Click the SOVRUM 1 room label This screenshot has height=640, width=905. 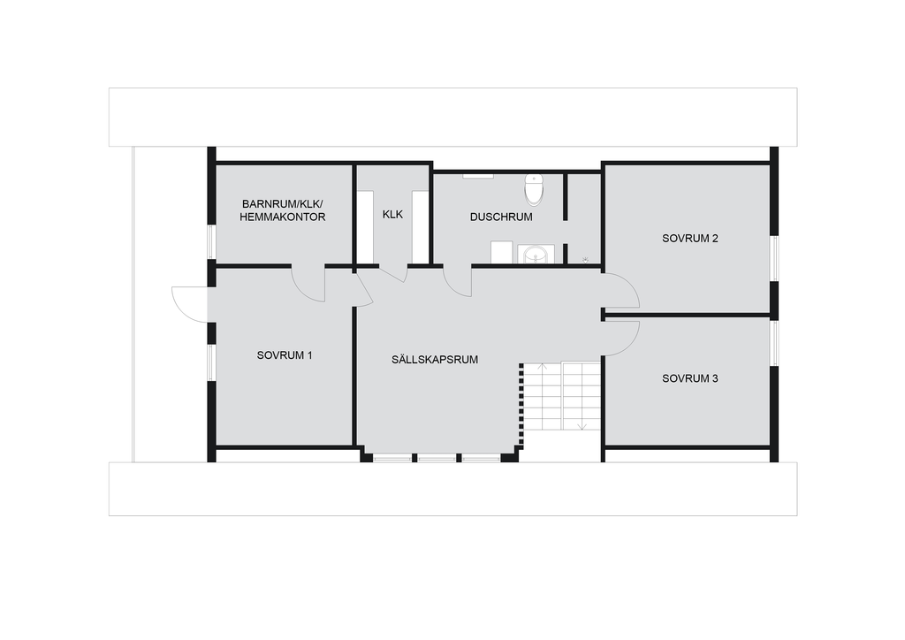[285, 355]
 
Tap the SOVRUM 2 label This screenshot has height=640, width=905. [689, 239]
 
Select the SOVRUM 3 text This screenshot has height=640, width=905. [689, 378]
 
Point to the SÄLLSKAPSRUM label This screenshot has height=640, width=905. [435, 360]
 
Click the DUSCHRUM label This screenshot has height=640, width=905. [501, 217]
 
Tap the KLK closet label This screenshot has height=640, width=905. [392, 214]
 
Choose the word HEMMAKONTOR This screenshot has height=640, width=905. [282, 217]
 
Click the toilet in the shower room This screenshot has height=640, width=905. [535, 189]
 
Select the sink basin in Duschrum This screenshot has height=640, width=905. [536, 254]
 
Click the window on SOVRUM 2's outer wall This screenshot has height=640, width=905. [774, 258]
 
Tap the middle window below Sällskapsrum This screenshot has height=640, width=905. [437, 458]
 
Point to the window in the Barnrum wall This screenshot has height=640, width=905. [211, 242]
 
